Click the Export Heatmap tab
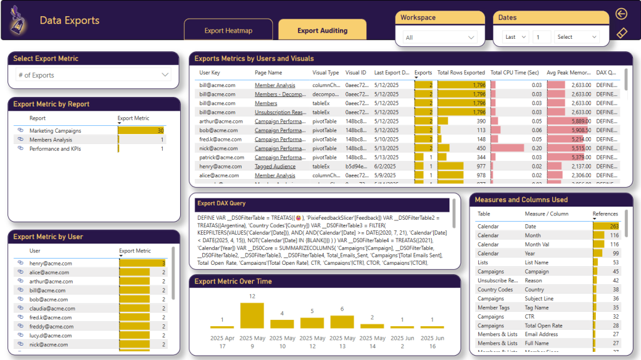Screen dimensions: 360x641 (x=228, y=30)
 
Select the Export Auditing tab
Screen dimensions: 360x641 (x=322, y=30)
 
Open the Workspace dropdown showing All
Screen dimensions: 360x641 (x=439, y=38)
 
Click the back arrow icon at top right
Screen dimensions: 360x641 (x=621, y=14)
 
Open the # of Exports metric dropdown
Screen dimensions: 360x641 (x=93, y=75)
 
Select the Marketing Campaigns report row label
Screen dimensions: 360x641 (x=55, y=131)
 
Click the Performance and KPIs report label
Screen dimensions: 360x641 (x=55, y=149)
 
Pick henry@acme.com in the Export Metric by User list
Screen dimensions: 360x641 (x=51, y=264)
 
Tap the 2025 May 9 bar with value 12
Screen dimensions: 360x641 (x=252, y=316)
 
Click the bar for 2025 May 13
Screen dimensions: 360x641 (x=342, y=321)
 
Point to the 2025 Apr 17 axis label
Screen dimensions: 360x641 (x=222, y=342)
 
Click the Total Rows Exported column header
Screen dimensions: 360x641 (x=461, y=73)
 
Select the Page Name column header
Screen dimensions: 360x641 (x=269, y=73)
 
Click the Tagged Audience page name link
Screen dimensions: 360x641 (x=275, y=167)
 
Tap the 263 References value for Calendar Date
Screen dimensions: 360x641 (x=613, y=227)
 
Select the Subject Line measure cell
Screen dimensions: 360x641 (x=539, y=299)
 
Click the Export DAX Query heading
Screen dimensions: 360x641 (x=221, y=203)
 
